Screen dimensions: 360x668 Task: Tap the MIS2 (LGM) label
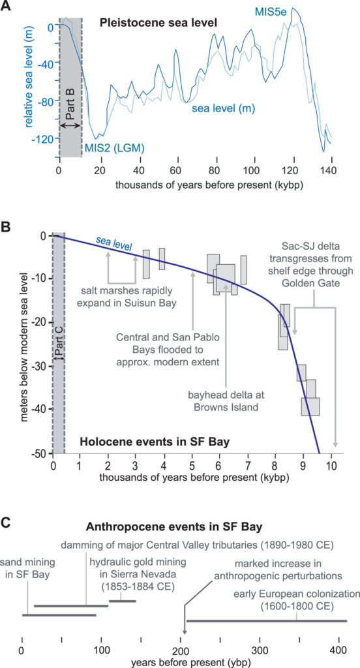coord(113,148)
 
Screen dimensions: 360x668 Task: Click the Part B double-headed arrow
coord(70,125)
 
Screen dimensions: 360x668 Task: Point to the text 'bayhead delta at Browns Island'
coord(225,401)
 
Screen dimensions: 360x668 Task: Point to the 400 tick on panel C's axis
coord(338,652)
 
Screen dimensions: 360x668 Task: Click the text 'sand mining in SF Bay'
coord(28,567)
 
